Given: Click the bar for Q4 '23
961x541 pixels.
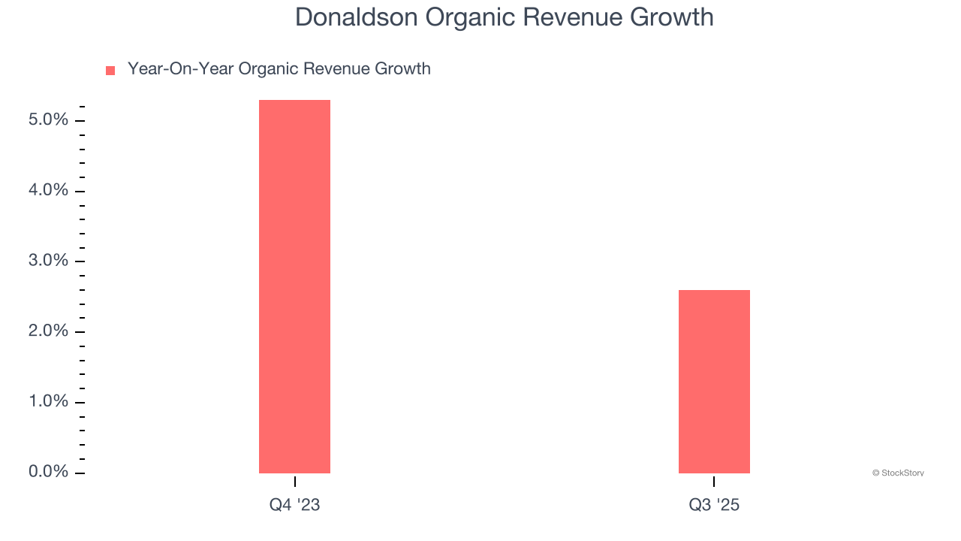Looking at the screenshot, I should pos(294,286).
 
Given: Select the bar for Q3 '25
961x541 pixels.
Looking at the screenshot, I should pos(714,381).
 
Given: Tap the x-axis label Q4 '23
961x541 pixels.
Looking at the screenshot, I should pos(294,505).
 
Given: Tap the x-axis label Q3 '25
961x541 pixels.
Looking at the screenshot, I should pos(714,505).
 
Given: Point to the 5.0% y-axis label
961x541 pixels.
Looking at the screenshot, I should pos(49,120).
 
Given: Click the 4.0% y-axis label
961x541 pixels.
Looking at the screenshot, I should pos(49,191).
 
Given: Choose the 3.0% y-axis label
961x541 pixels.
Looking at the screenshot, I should pos(49,261).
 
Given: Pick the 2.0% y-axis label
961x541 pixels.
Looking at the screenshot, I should pos(49,331).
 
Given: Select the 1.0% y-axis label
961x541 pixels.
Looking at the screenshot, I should pos(49,401).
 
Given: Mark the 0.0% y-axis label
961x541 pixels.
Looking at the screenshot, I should pos(49,472).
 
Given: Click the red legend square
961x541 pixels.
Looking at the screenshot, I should pos(110,71).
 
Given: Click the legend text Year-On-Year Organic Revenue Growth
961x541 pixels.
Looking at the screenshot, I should pos(279,69).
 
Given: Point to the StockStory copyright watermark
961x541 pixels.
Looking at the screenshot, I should pos(898,473).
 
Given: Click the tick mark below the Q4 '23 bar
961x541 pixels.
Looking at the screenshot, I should pos(295,482).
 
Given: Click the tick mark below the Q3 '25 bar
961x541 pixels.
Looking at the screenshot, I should pos(714,482).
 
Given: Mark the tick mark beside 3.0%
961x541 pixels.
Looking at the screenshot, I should pos(80,261).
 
